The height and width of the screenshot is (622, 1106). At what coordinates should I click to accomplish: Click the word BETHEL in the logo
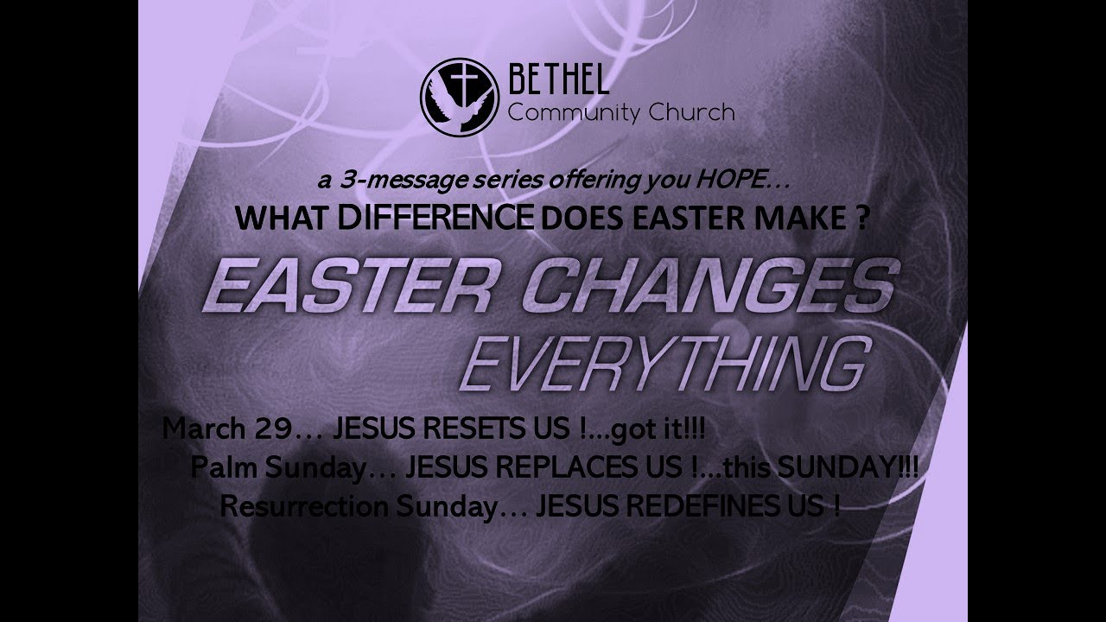(560, 82)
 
